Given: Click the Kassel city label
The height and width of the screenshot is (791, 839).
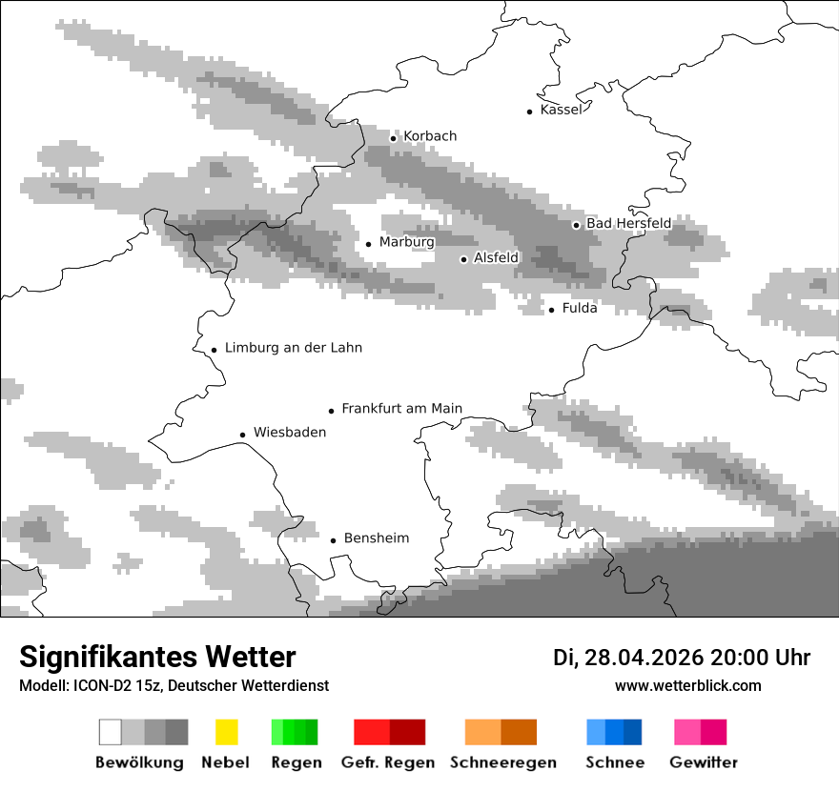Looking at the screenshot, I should (561, 110).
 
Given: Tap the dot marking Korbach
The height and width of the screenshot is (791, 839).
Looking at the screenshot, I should (393, 138).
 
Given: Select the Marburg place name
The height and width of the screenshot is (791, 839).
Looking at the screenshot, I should (406, 242).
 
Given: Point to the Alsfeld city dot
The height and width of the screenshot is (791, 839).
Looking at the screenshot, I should (463, 259).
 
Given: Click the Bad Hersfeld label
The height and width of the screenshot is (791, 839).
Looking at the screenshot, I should (628, 223).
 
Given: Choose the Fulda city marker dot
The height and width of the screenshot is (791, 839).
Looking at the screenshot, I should (551, 310).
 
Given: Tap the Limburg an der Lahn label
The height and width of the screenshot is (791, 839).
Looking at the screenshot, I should (293, 348).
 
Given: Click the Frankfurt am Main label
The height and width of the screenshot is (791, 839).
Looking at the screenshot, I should (401, 409).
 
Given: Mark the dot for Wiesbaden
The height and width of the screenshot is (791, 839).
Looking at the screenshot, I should (242, 435).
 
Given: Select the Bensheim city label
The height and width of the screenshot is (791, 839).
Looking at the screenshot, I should (376, 538).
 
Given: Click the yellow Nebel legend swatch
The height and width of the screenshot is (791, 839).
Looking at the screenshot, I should (226, 732).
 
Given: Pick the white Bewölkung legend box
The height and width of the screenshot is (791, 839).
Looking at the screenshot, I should (111, 732).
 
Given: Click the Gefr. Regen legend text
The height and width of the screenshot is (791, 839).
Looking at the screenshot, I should (388, 762).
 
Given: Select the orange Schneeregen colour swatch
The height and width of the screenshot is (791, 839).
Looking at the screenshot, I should (482, 732).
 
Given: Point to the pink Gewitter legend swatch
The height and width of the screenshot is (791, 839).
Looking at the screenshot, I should (687, 732).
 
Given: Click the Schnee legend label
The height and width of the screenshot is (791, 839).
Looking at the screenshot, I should (614, 762).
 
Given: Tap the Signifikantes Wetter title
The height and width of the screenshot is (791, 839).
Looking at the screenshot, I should (157, 657).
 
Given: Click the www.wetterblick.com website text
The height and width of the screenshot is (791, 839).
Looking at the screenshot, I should (687, 685).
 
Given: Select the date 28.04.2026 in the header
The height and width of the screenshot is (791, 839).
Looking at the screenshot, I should (644, 658).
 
